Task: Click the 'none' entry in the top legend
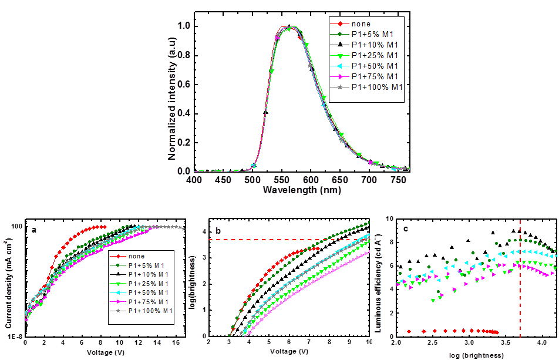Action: point(361,24)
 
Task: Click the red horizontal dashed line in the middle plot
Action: point(264,240)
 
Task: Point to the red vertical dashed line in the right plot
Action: point(520,276)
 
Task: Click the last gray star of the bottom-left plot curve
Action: point(184,229)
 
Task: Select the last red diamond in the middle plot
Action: point(318,248)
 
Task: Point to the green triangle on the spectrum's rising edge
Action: point(271,72)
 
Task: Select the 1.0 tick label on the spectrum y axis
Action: point(184,26)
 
